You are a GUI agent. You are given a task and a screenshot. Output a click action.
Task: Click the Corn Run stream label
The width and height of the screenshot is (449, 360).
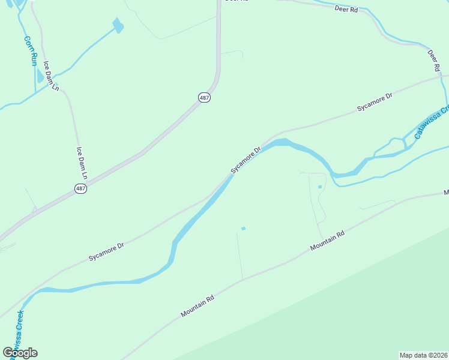click(x=31, y=51)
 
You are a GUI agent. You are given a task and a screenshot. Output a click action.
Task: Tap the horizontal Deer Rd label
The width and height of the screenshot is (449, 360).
click(x=346, y=10)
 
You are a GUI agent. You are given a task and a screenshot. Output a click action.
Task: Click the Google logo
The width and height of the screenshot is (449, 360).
click(x=20, y=353)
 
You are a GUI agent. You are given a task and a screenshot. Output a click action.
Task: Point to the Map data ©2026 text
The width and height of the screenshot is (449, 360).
click(x=423, y=355)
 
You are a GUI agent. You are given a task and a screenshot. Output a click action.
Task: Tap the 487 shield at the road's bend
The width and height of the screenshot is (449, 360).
click(x=205, y=97)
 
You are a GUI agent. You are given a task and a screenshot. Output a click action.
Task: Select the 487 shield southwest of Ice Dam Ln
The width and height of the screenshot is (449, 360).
click(x=81, y=188)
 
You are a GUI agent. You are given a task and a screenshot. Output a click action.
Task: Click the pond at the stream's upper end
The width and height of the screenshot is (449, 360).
click(x=118, y=25)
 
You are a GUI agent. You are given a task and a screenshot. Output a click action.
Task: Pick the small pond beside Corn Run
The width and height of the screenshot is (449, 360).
click(x=40, y=76)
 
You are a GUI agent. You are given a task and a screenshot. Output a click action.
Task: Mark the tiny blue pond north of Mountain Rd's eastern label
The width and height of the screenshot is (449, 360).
click(x=320, y=187)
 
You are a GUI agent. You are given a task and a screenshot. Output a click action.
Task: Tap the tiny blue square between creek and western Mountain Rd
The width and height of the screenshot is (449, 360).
click(x=243, y=228)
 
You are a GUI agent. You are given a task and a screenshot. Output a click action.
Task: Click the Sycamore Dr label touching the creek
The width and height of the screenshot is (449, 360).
click(x=246, y=160)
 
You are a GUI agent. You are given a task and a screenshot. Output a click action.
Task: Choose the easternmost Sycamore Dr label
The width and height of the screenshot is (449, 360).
click(x=374, y=101)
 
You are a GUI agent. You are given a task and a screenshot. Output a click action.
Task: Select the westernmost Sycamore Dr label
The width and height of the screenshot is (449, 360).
click(x=106, y=251)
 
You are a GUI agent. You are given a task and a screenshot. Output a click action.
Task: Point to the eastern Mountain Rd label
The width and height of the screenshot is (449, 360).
click(x=327, y=242)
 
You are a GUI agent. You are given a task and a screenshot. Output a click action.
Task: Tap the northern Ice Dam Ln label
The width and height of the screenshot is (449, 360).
click(x=50, y=76)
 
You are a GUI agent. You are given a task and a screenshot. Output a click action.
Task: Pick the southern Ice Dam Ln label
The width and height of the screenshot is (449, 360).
click(x=82, y=164)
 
